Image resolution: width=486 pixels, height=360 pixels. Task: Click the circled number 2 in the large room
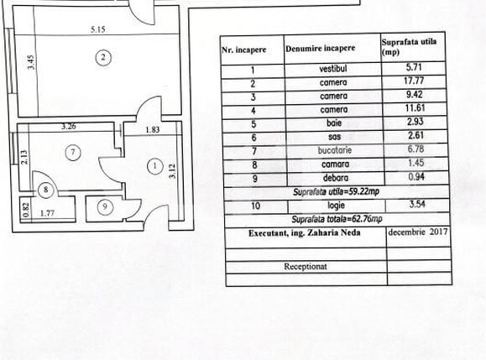point(102,58)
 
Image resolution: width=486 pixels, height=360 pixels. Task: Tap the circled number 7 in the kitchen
point(73,153)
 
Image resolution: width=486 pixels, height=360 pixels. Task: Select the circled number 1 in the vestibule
point(154,166)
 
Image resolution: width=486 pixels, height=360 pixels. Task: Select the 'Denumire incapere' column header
point(320,50)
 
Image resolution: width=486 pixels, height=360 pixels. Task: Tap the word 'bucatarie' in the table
point(332,150)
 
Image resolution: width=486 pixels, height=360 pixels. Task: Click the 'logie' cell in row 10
point(332,205)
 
